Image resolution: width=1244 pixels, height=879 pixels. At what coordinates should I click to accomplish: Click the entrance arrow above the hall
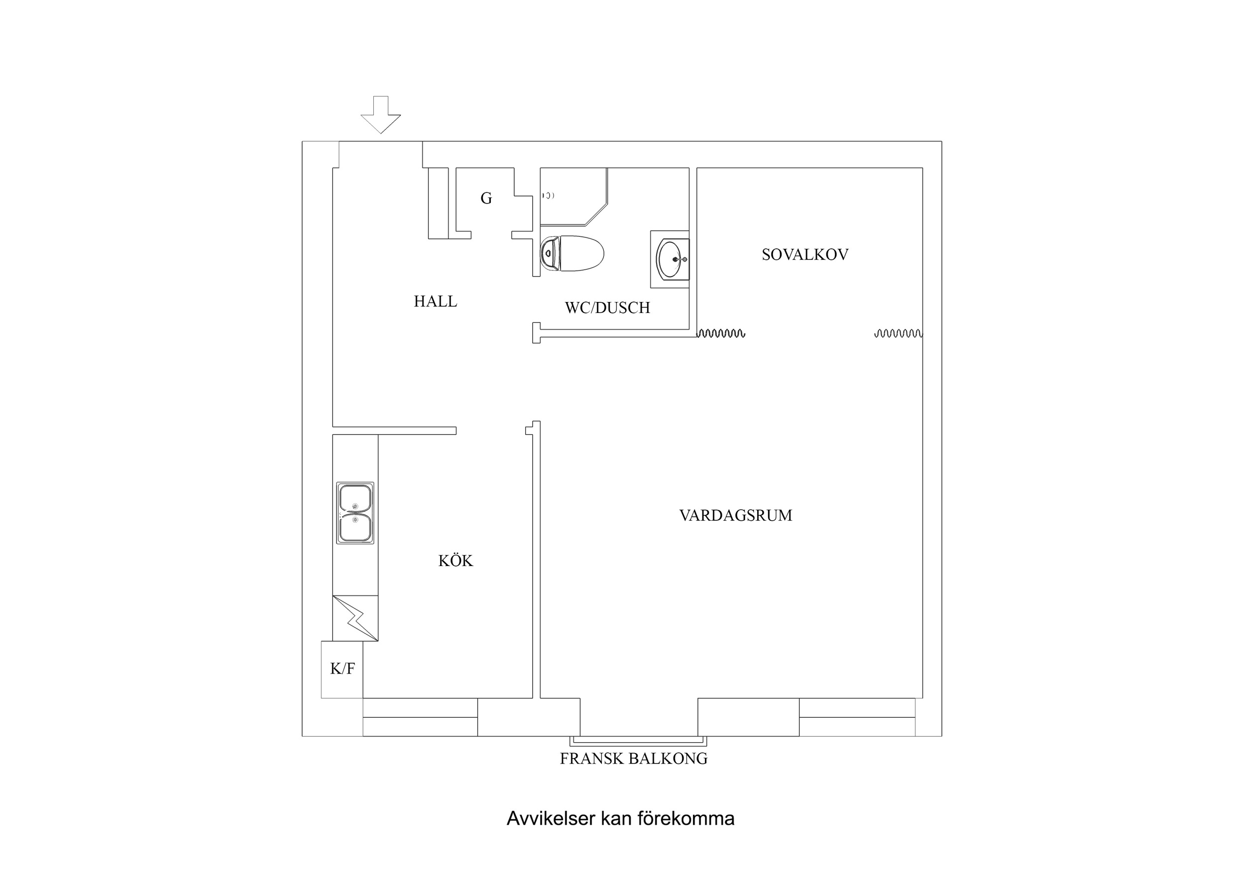(381, 115)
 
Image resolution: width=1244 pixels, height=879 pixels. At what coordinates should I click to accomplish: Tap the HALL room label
(435, 301)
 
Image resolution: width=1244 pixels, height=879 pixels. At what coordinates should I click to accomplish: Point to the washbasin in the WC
(670, 259)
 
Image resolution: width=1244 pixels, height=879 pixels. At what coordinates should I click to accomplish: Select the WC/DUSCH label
(607, 308)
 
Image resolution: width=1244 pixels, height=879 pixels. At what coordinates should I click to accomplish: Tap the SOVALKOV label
(804, 255)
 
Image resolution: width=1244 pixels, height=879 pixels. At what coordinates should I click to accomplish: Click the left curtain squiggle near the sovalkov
(721, 333)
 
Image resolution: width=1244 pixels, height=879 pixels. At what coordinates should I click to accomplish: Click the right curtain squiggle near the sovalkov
(898, 333)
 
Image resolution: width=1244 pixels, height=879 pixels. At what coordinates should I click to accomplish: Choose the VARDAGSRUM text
(735, 515)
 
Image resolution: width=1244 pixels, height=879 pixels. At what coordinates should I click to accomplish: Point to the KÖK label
(455, 561)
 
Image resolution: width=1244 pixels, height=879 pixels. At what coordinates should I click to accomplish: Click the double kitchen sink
(355, 513)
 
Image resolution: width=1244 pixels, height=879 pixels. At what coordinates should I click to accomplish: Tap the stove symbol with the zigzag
(355, 618)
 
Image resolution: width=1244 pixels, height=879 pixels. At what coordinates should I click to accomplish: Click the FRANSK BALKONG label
(633, 759)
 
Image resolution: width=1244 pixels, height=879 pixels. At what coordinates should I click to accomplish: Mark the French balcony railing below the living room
(638, 740)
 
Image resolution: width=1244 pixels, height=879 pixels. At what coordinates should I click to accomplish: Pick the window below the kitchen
(420, 717)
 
